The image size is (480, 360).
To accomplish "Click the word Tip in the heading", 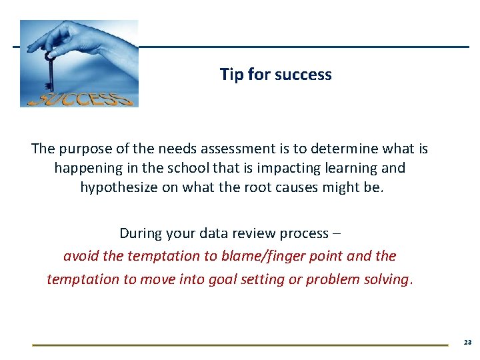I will tap(232, 75).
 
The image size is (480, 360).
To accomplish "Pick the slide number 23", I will tap(467, 342).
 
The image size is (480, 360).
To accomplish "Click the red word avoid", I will tap(80, 256).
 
